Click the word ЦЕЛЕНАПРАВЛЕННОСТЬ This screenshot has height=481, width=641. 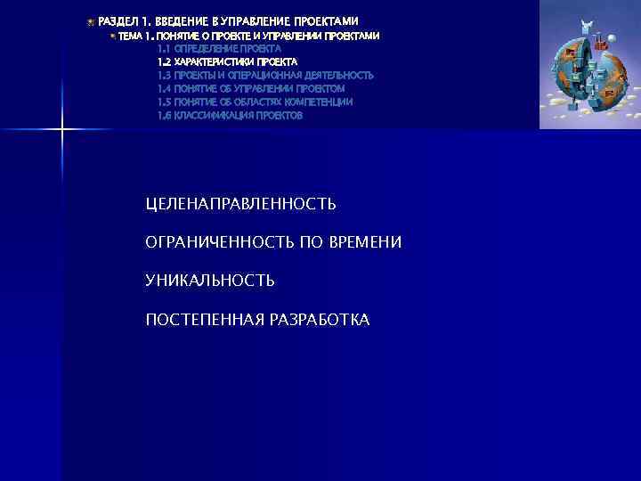pos(240,204)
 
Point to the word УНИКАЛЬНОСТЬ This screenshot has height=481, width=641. pos(210,281)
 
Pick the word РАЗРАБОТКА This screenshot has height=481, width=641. pos(319,319)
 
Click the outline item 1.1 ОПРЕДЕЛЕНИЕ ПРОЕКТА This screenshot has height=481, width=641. pos(219,49)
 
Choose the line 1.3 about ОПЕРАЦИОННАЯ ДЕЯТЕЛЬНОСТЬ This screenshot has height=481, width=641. pos(265,76)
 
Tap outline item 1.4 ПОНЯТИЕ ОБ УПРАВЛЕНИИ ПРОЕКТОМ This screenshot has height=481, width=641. pos(250,89)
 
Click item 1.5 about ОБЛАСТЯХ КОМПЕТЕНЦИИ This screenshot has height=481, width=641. pos(255,102)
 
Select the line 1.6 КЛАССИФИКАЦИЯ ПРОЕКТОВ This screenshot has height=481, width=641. pos(230,116)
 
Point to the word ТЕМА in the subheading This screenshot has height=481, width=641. pos(129,36)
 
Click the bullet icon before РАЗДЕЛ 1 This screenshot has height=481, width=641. pos(91,20)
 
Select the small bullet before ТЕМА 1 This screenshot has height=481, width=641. pos(113,36)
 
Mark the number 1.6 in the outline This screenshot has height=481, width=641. pos(164,116)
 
